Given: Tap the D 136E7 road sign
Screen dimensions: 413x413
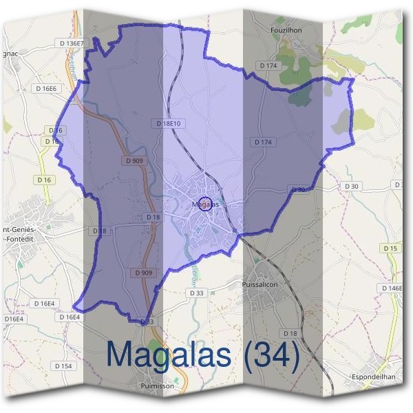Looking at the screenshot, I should [x=72, y=43].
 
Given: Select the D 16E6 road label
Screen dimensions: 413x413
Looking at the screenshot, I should [x=46, y=88].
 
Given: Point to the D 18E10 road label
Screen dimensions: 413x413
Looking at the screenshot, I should [x=168, y=123].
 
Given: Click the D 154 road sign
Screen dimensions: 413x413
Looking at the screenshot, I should [x=62, y=366].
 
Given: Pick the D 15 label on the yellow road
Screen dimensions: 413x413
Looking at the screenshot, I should [x=390, y=248].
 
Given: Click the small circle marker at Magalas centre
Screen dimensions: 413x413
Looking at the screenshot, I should [x=204, y=203].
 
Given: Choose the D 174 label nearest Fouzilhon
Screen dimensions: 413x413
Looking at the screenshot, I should [x=268, y=65].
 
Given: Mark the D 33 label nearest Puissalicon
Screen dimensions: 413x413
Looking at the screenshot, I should [x=196, y=293].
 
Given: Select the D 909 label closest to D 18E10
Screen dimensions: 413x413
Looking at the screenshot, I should [x=136, y=160].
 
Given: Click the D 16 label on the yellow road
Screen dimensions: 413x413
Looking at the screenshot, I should [x=45, y=180].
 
